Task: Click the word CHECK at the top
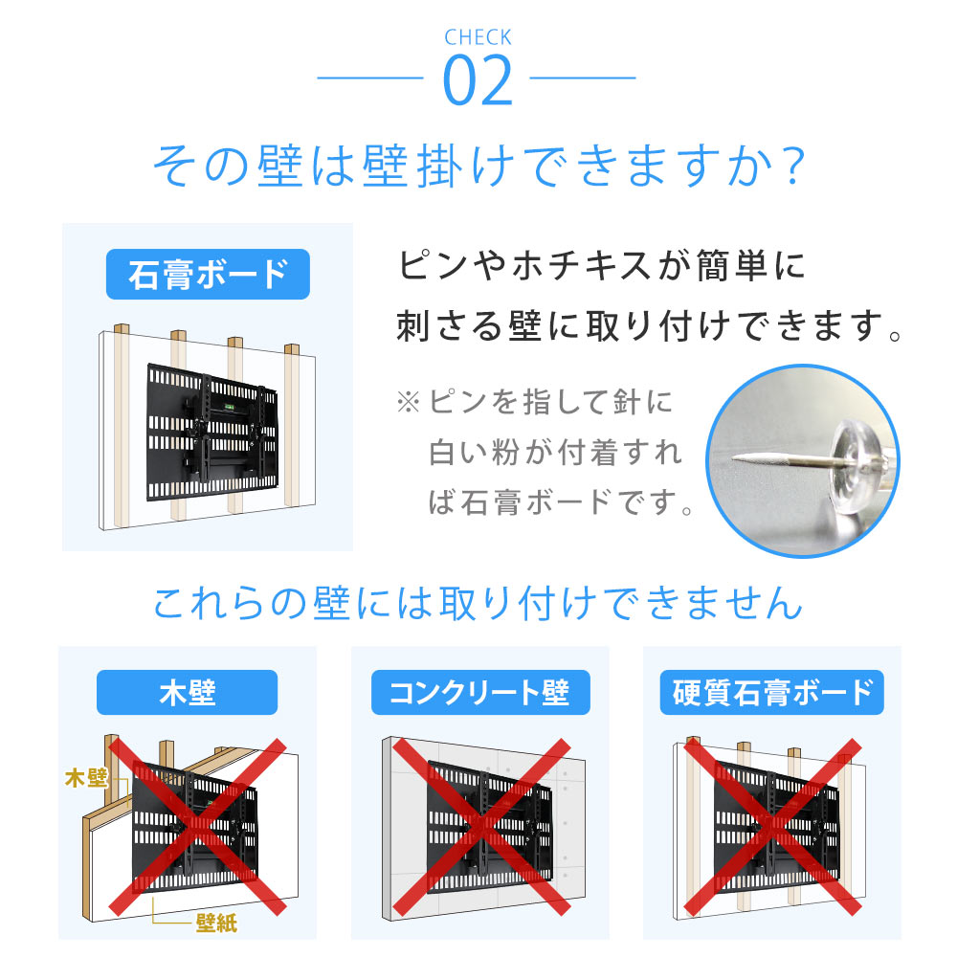(x=478, y=38)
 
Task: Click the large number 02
(x=478, y=83)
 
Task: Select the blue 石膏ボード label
(x=207, y=274)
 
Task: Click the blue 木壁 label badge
(x=187, y=692)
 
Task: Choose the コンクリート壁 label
(x=479, y=692)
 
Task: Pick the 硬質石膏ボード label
(x=771, y=692)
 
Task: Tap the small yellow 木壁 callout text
(x=86, y=777)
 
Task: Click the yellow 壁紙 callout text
(x=216, y=924)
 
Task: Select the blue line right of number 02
(x=583, y=78)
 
